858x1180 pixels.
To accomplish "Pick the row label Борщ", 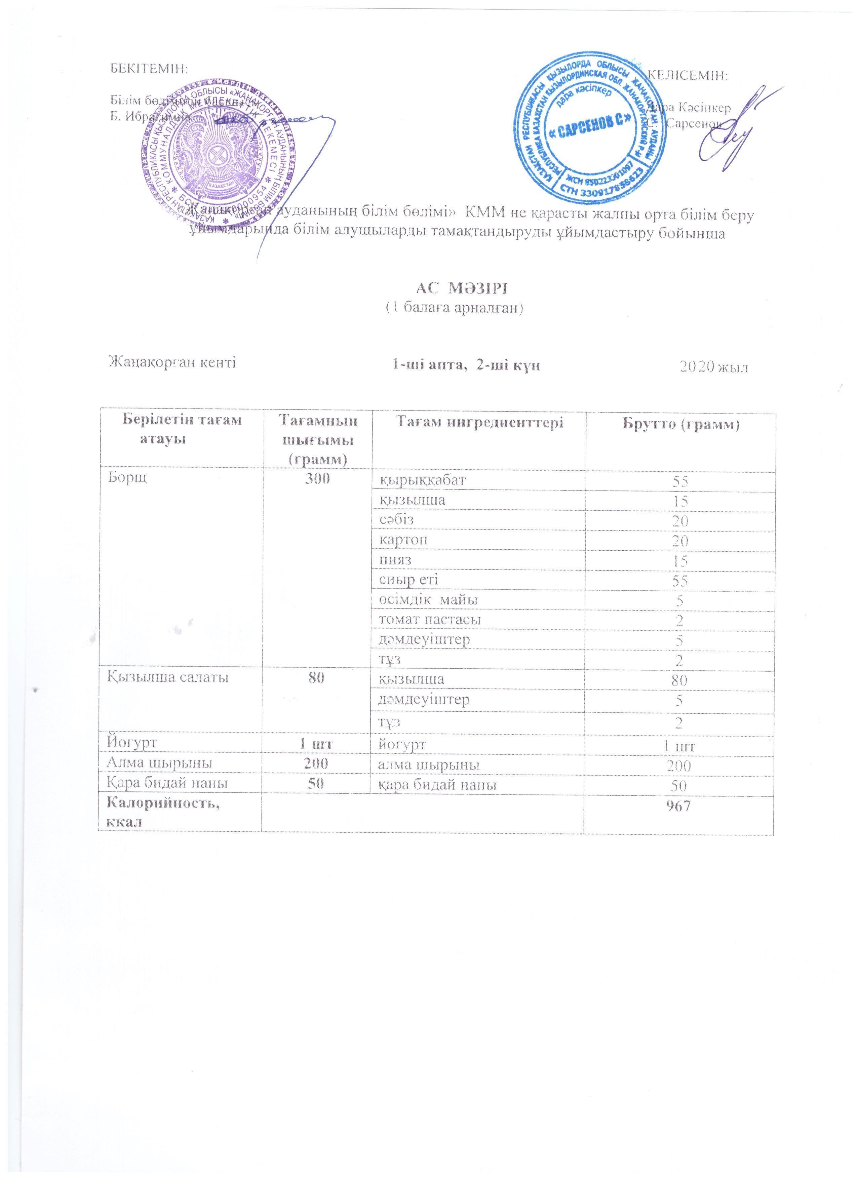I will point(127,479).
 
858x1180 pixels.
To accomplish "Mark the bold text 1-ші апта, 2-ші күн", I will point(465,365).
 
